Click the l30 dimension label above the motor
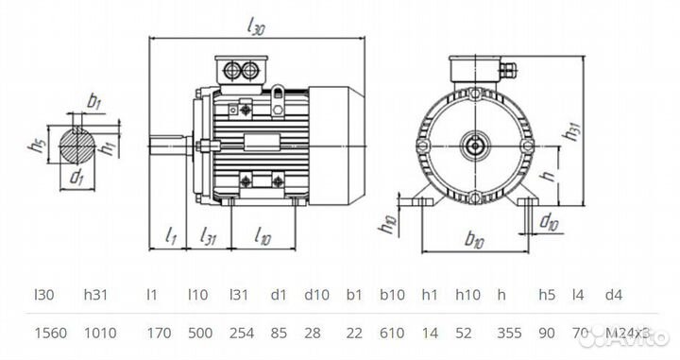255,29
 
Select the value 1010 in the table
98,333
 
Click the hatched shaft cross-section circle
76,148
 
